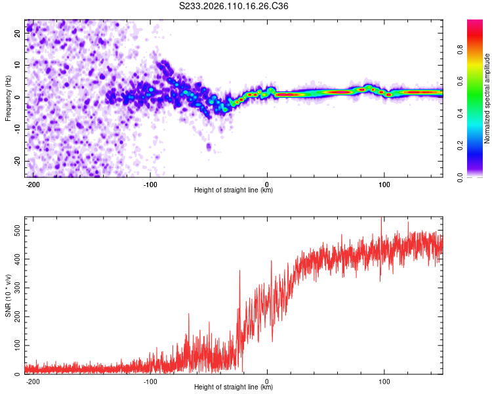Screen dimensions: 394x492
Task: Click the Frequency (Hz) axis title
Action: [x=8, y=98]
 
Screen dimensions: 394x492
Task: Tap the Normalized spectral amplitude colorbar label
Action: [x=487, y=98]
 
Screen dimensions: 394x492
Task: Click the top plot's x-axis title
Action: [x=234, y=190]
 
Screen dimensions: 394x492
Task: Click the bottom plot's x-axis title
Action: [x=234, y=387]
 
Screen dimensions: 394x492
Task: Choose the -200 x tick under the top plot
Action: [x=33, y=183]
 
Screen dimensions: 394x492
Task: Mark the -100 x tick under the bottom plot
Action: [x=150, y=380]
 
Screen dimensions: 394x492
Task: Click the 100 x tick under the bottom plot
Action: [x=384, y=380]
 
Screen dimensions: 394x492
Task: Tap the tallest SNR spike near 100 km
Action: [x=381, y=220]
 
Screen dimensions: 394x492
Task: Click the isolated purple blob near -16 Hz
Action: [x=209, y=146]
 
